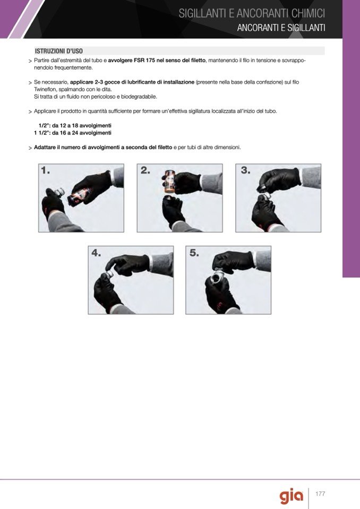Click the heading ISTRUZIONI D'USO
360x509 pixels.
coord(59,51)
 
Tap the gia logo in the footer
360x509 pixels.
coord(292,496)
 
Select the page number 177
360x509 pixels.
coord(320,494)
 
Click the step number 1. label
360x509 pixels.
coord(46,170)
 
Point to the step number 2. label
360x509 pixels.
coord(145,170)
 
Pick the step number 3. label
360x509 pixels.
coord(245,170)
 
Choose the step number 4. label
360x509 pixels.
coord(96,253)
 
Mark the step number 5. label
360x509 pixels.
coord(194,253)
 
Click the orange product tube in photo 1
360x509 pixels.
coord(78,197)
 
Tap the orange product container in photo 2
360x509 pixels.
coord(170,181)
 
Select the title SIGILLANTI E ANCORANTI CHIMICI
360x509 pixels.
coord(252,13)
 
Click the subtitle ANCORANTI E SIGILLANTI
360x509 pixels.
coord(281,28)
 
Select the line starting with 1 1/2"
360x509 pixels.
coord(73,133)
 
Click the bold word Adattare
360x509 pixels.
coord(45,148)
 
